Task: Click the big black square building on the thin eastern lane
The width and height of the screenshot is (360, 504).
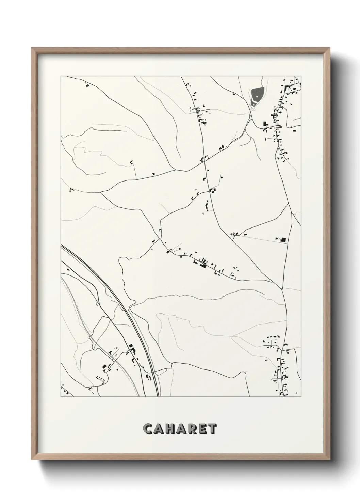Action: coord(283,240)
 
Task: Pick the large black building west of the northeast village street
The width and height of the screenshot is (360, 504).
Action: coord(265,124)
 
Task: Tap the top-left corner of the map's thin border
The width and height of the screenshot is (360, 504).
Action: coord(61,76)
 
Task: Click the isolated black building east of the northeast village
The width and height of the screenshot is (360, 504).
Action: coord(294,129)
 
